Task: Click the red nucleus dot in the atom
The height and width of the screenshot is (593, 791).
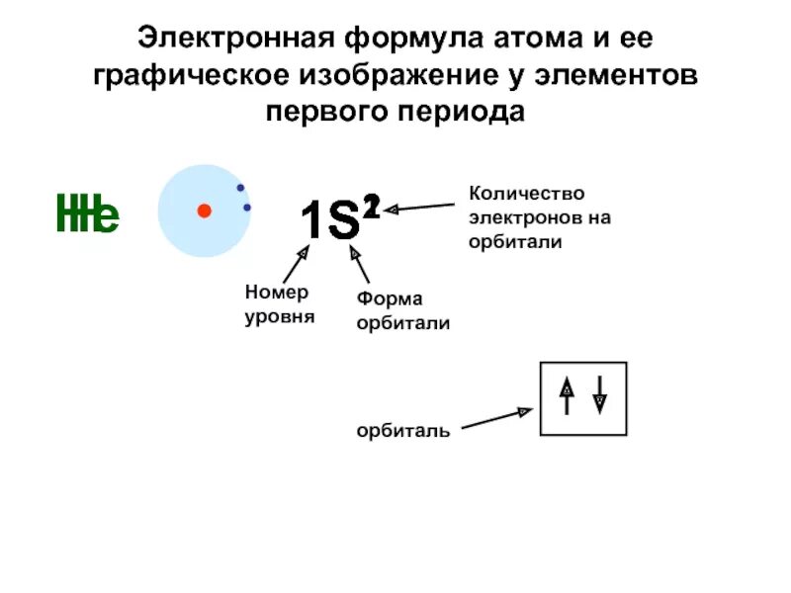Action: (x=204, y=211)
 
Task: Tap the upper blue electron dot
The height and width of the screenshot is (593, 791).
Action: (x=240, y=188)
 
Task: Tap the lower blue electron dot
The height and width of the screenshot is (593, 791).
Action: (x=247, y=208)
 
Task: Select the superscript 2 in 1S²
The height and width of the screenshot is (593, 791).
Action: (x=370, y=206)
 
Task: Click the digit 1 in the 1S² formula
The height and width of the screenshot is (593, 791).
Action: (x=311, y=220)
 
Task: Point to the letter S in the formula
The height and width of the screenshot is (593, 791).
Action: (x=342, y=220)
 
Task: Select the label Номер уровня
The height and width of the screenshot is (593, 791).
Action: (x=278, y=303)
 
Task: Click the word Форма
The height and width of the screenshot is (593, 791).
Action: (x=390, y=299)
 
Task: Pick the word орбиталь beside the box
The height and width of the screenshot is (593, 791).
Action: (x=403, y=430)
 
